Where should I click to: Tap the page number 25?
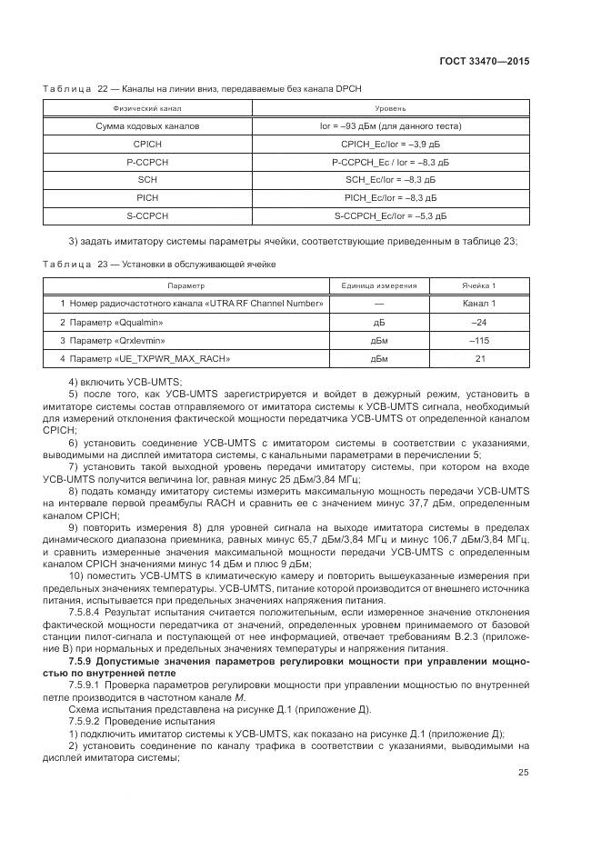[x=524, y=773]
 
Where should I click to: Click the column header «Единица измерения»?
[x=379, y=285]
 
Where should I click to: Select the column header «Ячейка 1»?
[x=479, y=285]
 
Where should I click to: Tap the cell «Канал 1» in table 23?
[x=479, y=303]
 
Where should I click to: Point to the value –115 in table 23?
[x=479, y=340]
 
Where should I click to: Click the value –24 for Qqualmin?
[x=479, y=322]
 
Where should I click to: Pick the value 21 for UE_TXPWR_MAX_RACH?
[x=479, y=359]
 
